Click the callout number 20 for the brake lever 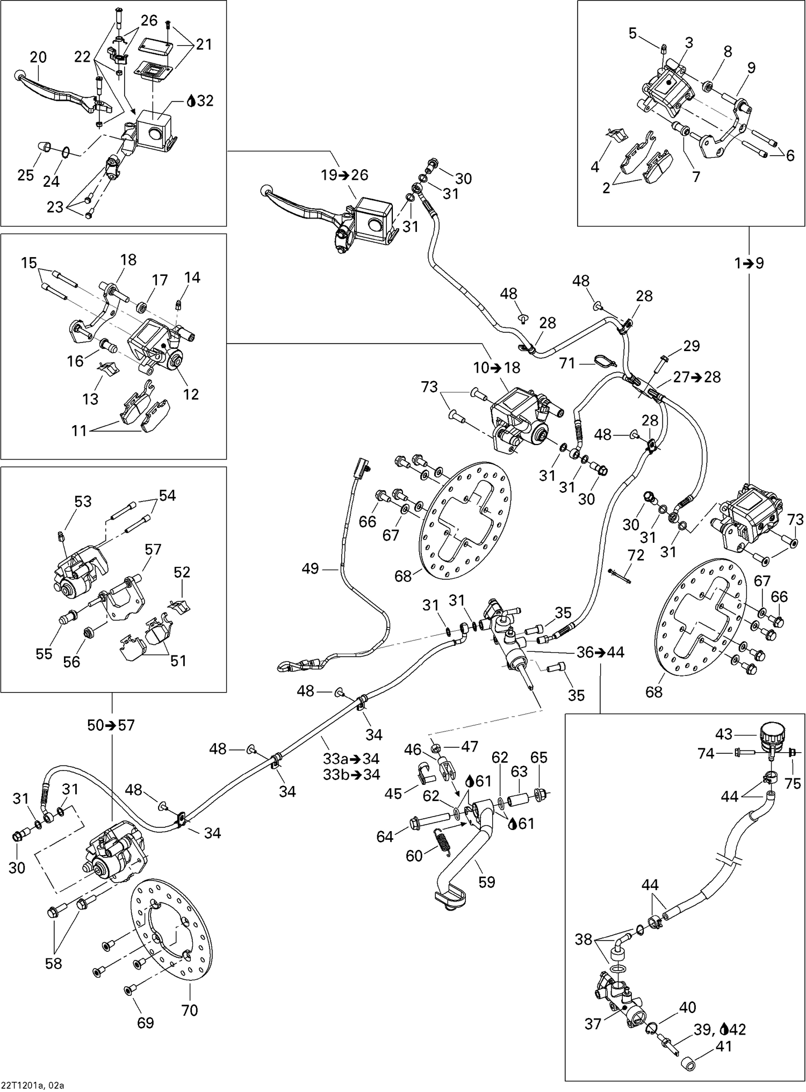click(x=38, y=57)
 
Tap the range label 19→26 click(x=344, y=175)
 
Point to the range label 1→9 click(x=749, y=263)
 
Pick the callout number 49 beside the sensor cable click(x=311, y=568)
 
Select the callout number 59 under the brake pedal click(x=486, y=882)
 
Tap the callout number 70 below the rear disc click(x=190, y=1010)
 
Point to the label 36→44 click(x=600, y=652)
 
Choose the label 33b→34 click(x=351, y=774)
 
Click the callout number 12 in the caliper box click(x=190, y=394)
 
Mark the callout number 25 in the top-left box click(x=25, y=175)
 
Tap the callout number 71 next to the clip click(x=567, y=363)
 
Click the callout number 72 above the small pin click(x=636, y=555)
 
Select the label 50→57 click(x=111, y=725)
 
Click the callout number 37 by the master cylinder click(x=593, y=1024)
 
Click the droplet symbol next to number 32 click(x=191, y=101)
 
